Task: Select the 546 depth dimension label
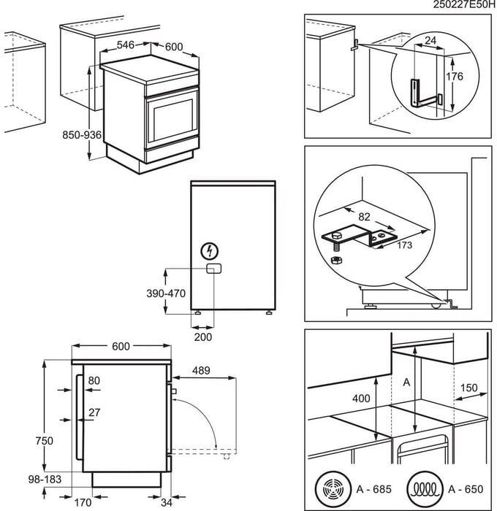click(x=126, y=45)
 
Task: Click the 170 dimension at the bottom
click(x=83, y=502)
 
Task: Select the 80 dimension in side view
click(x=94, y=380)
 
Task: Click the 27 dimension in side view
click(x=94, y=412)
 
